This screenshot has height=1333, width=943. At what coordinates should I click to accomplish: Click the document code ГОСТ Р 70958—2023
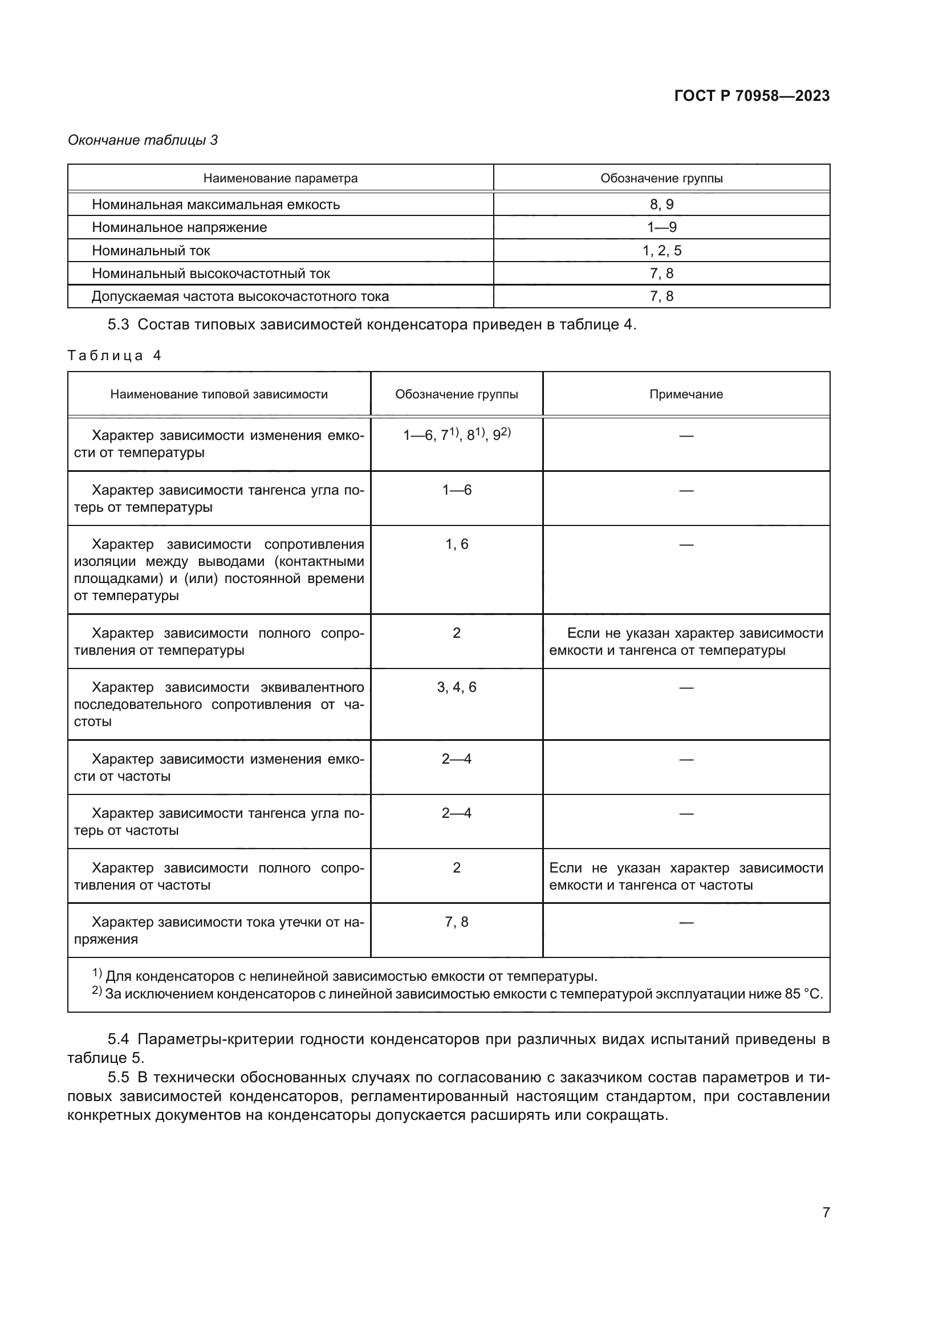pos(751,96)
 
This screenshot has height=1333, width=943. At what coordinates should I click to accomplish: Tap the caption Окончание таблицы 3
pos(143,140)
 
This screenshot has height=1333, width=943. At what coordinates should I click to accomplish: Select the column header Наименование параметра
pos(280,178)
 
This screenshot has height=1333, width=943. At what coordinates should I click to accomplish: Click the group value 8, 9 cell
pos(661,205)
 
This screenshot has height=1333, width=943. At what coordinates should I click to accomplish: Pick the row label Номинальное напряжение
pos(179,227)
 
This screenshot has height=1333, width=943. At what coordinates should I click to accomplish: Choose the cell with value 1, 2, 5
pos(661,251)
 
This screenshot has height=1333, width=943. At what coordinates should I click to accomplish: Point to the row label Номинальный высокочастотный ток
pos(211,274)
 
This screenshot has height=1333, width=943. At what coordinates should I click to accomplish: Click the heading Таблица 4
pos(115,355)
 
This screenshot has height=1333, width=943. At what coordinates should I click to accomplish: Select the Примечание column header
pos(686,394)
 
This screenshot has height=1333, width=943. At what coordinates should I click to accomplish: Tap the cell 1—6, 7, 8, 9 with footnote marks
pos(457,435)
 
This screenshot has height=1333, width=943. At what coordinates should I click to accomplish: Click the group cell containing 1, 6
pos(457,544)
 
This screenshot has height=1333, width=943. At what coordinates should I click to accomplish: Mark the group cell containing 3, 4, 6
pos(457,687)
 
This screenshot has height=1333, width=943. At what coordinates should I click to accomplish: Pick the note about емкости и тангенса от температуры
pos(686,642)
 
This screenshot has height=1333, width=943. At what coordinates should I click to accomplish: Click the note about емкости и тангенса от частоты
pos(686,876)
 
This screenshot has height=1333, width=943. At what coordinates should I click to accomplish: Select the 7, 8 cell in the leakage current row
pos(457,922)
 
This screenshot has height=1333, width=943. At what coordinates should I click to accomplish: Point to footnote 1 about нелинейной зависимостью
pos(345,976)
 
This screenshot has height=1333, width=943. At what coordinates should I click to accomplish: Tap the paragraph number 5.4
pos(118,1039)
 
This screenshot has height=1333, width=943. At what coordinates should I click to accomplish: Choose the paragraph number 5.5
pos(118,1077)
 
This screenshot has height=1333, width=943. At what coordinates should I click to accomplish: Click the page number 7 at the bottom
pos(826,1212)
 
